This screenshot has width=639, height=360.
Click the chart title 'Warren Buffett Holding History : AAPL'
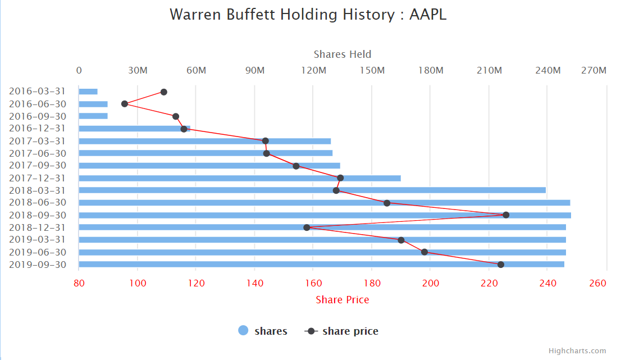coord(308,15)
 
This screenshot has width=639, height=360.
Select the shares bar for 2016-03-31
coord(88,92)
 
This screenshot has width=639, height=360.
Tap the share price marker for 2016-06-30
coord(125,104)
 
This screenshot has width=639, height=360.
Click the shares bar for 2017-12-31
coord(240,178)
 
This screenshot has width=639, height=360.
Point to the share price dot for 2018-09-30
coord(506,215)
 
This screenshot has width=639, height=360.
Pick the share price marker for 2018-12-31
coord(307,227)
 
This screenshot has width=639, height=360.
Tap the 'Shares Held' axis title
coord(343,54)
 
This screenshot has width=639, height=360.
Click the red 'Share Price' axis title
coord(343,299)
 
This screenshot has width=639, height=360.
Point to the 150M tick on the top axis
coord(372,70)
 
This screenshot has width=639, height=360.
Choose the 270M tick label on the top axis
coord(594,70)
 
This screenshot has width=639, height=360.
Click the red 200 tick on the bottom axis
coord(430,282)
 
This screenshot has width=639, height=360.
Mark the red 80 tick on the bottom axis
coord(79,282)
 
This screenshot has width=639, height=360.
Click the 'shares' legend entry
coord(263,331)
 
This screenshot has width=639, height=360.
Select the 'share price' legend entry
coord(342,331)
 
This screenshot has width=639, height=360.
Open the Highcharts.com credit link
coord(577,350)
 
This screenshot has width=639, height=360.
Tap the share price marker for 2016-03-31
coord(164,92)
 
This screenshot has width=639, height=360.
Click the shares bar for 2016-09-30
coord(93,116)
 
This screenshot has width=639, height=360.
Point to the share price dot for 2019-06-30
coord(425,252)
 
